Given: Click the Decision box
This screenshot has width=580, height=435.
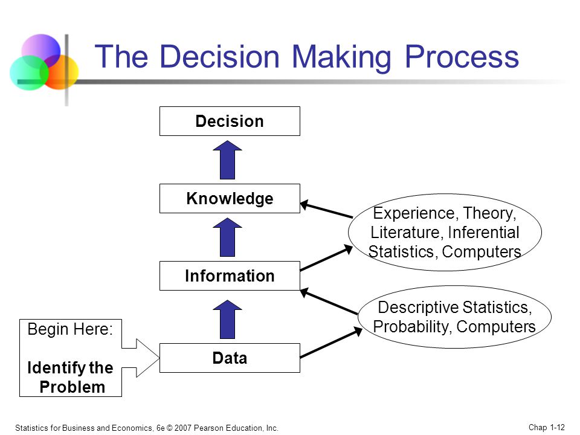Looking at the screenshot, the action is [x=230, y=121].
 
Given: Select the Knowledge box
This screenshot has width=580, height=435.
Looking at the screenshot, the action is [x=230, y=198].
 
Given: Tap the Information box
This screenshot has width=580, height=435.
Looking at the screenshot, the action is [x=230, y=275].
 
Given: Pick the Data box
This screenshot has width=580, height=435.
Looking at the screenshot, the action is [x=230, y=358].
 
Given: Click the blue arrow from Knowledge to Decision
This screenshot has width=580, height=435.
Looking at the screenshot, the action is [x=228, y=159].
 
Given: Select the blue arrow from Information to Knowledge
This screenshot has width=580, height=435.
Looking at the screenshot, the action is [x=228, y=237].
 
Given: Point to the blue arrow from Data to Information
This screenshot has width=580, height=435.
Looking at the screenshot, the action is [x=228, y=319].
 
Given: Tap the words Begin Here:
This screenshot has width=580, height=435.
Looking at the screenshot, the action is [x=70, y=329].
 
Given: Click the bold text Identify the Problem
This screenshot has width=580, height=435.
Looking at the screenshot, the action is [x=70, y=377].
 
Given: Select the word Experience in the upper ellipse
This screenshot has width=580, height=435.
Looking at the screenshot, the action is [x=413, y=213].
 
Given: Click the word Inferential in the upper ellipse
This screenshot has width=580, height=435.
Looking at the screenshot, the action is [x=483, y=232].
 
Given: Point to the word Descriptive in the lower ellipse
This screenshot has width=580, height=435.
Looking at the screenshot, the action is [x=418, y=308].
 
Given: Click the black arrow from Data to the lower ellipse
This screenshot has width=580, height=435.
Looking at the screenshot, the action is [x=331, y=343].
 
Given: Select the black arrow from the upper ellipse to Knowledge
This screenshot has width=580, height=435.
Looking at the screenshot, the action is [x=326, y=210].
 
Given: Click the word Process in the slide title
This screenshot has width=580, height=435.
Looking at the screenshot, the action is [x=462, y=57].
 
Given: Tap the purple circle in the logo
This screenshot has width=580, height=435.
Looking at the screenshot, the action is [x=40, y=51].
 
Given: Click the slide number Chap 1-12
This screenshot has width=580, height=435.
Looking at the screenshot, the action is [x=547, y=427].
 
